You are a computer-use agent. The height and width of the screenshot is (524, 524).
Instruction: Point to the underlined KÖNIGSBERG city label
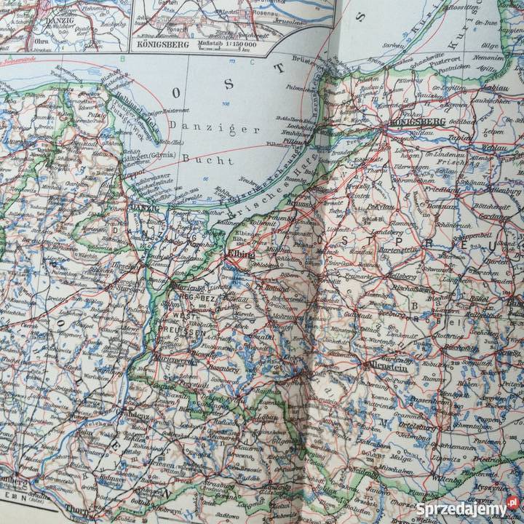(413, 121)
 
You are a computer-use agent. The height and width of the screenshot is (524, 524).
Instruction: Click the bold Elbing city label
(242, 255)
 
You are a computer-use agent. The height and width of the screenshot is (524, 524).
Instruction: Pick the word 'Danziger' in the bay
(191, 128)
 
